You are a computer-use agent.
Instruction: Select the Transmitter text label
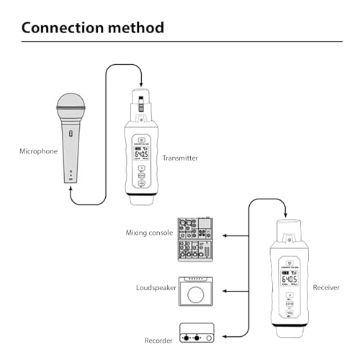[x=181, y=158]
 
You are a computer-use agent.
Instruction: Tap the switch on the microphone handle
[x=70, y=133]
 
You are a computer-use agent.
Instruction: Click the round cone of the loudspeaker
[x=196, y=294]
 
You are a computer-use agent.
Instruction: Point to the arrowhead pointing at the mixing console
[x=223, y=235]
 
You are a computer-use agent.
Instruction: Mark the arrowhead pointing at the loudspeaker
[x=223, y=290]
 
